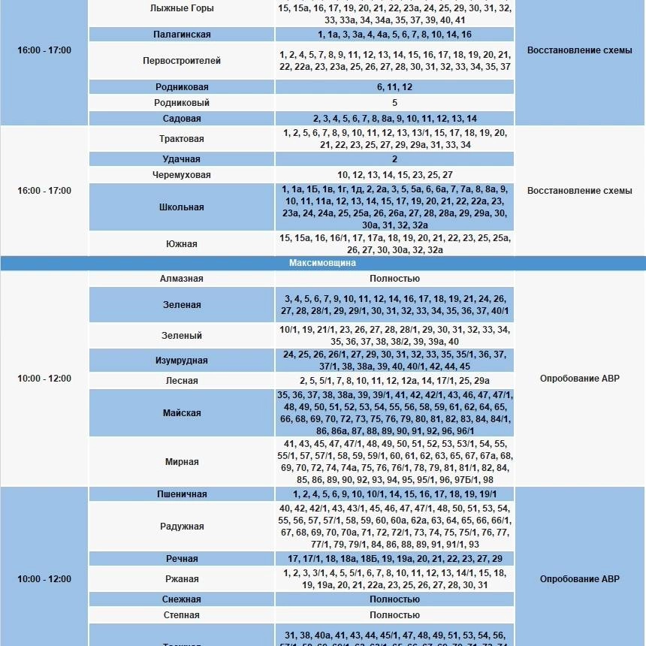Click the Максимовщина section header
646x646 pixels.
tap(322, 264)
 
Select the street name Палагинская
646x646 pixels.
tap(182, 35)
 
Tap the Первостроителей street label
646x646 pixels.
tap(182, 61)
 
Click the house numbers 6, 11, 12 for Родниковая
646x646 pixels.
tap(394, 87)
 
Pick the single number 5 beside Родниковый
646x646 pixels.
tap(394, 103)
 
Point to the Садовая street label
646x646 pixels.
tap(182, 119)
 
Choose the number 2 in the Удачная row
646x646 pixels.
tap(394, 159)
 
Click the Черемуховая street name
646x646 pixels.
tap(182, 175)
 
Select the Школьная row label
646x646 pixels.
tap(182, 207)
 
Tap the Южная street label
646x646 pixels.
tap(182, 244)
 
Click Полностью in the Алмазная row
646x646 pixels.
tap(394, 279)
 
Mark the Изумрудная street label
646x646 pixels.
tap(182, 361)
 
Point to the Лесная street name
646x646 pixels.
tap(182, 381)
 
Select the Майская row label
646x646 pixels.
tap(182, 413)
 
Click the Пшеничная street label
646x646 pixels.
tap(182, 494)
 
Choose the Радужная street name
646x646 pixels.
tap(182, 527)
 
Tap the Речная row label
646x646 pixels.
tap(182, 559)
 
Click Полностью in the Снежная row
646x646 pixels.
tap(394, 599)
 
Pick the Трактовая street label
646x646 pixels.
tap(182, 139)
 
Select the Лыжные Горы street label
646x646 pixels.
tap(182, 8)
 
